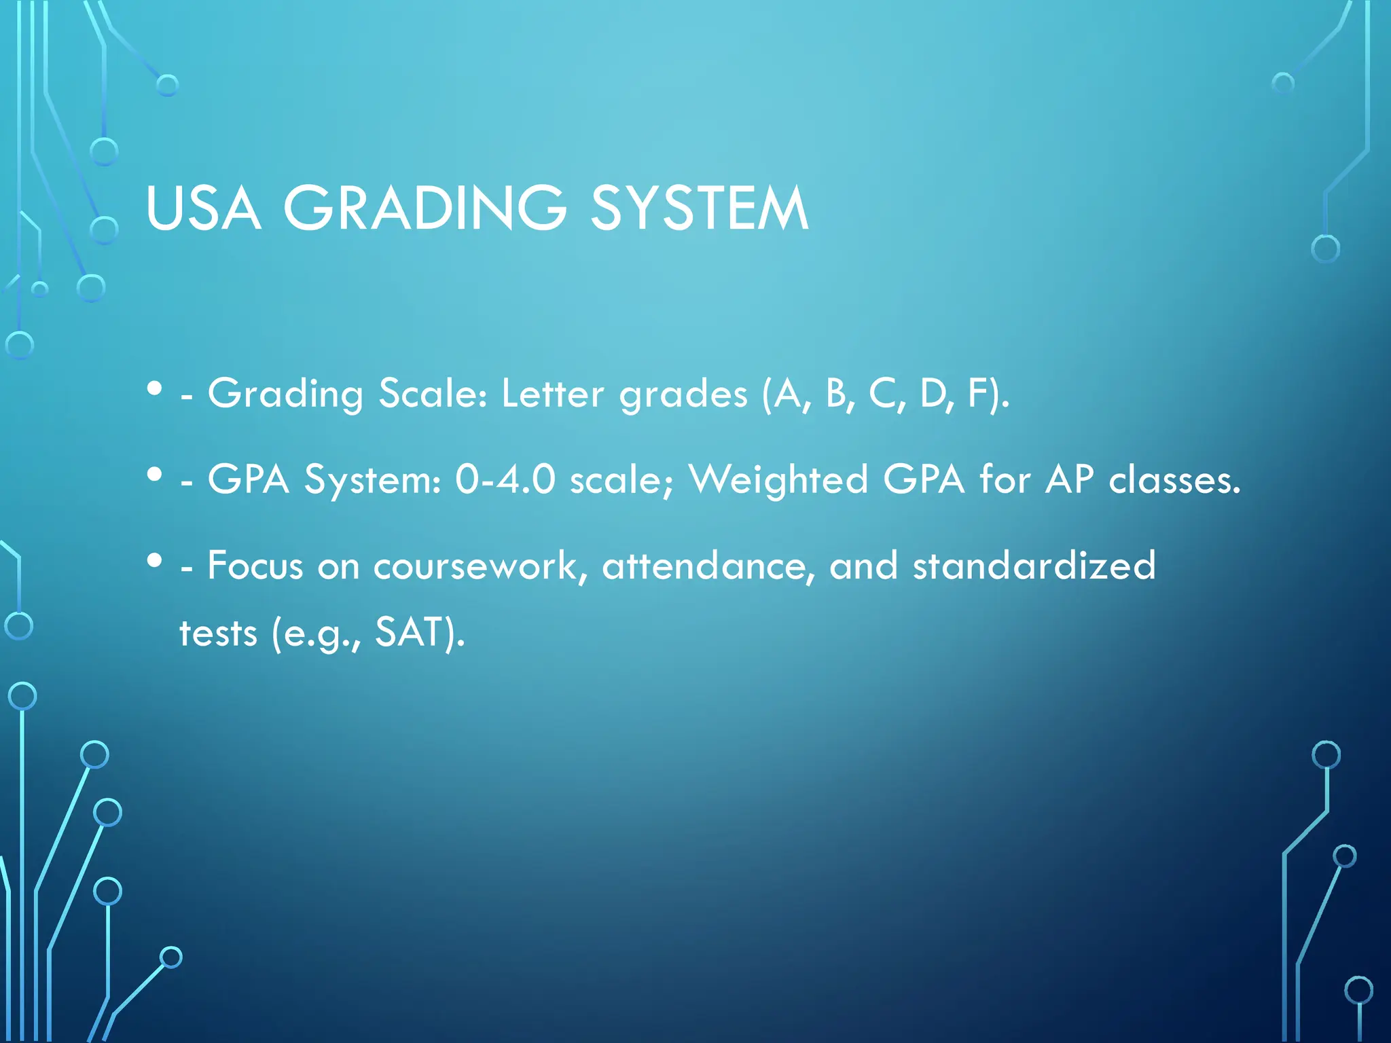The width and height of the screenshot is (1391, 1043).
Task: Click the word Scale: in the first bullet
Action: [433, 393]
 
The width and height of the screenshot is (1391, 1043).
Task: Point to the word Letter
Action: [552, 393]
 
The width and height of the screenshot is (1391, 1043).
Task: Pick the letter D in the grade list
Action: [935, 393]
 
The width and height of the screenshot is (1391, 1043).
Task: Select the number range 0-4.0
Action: [505, 479]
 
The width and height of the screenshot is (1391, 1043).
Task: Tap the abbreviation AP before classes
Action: [1069, 479]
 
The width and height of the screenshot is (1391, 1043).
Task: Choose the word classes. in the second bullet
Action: [1174, 479]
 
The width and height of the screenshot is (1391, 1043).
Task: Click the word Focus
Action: [255, 565]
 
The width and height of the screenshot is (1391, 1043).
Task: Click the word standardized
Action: [1034, 565]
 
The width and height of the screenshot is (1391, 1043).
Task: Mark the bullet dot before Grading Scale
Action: [155, 388]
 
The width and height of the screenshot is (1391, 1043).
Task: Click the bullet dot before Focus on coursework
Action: [155, 560]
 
